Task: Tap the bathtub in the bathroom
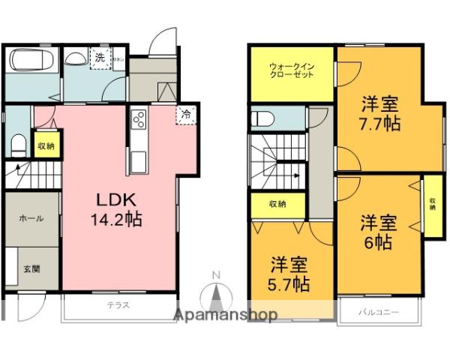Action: (31, 59)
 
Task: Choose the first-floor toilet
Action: (19, 142)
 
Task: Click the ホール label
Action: (30, 218)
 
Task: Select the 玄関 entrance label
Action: (30, 269)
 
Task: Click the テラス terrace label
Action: (118, 305)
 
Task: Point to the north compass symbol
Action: (215, 292)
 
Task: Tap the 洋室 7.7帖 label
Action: (379, 112)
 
